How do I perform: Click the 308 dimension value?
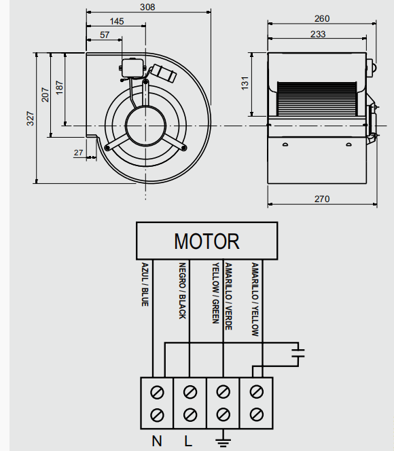click(147, 7)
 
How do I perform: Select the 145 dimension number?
click(117, 21)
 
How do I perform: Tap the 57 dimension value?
click(105, 35)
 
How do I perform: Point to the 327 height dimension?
click(31, 118)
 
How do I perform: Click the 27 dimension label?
click(78, 153)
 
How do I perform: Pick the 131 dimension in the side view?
click(245, 83)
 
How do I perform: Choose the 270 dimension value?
click(322, 199)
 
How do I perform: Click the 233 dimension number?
click(318, 34)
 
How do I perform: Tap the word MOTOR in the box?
click(207, 241)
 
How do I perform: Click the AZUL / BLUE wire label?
click(145, 284)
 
